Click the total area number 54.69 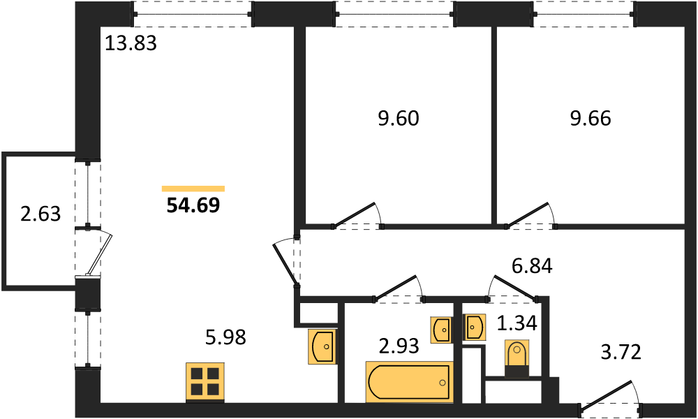coord(193,205)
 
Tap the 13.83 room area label coord(131,43)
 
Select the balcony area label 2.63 coord(40,214)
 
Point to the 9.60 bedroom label coord(399,119)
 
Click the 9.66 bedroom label coord(591,119)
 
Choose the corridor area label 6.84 coord(532,266)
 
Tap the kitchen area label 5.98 coord(225,337)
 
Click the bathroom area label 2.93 coord(399,346)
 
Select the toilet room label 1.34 coord(517,323)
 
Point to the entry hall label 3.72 coord(621,352)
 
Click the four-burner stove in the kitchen coord(205,382)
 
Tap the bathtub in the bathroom coord(409,382)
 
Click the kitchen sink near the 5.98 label coord(321,346)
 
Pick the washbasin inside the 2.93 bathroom coord(441,330)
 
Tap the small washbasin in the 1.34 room coord(474,328)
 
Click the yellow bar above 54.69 coord(193,189)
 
